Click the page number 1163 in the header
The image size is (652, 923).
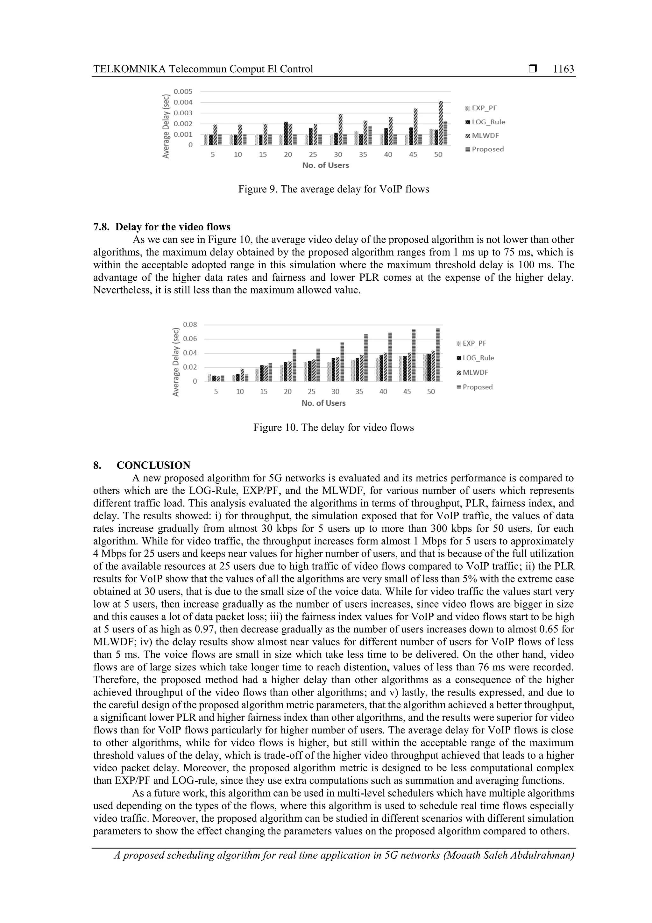click(563, 69)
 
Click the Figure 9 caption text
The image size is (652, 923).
click(333, 189)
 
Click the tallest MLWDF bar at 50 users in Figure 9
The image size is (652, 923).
click(441, 123)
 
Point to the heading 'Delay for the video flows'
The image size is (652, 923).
click(173, 227)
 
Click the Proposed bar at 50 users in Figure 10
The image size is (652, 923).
click(438, 355)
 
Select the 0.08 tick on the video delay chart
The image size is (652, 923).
click(190, 324)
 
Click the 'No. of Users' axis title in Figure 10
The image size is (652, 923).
click(323, 403)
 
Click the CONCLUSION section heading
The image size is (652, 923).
click(153, 465)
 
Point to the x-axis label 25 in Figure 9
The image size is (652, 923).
click(313, 155)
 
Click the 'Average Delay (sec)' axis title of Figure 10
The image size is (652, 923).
click(175, 362)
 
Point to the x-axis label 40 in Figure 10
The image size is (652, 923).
click(383, 392)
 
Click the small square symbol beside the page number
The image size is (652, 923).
click(533, 69)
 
